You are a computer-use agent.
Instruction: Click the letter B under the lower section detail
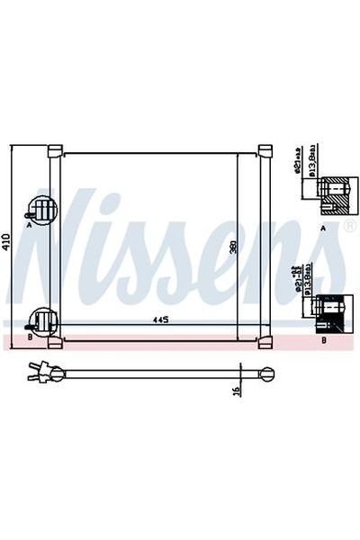coord(323,342)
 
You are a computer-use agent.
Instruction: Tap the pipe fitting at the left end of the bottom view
coord(40,370)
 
